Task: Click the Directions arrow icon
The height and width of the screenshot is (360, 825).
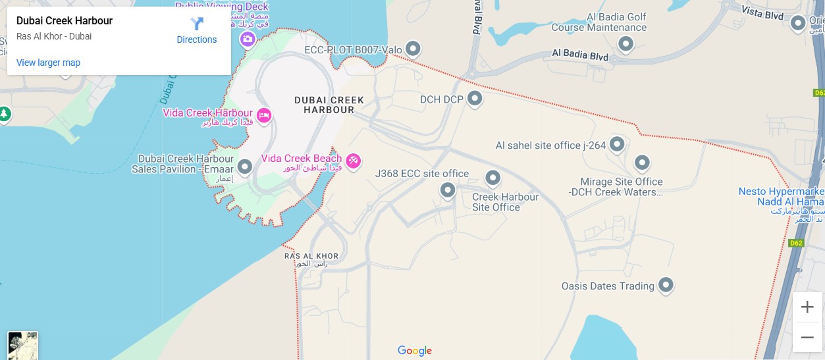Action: pos(197,24)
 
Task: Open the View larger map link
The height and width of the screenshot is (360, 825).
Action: pos(48,63)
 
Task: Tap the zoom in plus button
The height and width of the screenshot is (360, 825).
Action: pos(807,307)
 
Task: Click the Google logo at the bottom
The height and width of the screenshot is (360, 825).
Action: pos(415,351)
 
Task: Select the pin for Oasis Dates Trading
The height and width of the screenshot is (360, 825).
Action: pos(666,285)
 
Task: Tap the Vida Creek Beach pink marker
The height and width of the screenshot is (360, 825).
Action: pos(354,161)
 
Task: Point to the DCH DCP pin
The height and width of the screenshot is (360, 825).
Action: pos(475,99)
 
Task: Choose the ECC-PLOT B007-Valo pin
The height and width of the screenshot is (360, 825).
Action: pos(413,49)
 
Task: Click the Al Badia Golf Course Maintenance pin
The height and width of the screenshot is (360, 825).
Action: pos(625,44)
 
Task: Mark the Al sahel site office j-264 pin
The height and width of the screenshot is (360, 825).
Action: pos(617,144)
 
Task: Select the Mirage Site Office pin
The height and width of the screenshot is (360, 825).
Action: pos(642,163)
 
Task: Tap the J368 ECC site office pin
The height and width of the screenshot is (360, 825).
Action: pos(448,191)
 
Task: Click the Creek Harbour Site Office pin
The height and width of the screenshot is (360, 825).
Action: pos(493,178)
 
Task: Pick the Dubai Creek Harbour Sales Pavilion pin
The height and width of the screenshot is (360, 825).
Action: pos(245,167)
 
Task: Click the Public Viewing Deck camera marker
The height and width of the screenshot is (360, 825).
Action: pos(248,39)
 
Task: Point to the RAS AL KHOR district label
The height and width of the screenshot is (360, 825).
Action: pos(311,256)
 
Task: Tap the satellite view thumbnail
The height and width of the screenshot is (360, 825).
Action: pos(23,346)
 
